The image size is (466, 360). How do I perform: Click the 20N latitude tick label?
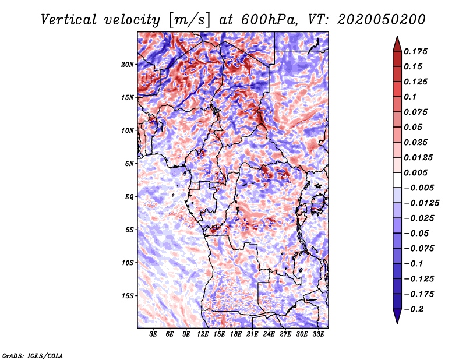128,64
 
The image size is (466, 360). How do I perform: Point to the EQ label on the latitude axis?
129,196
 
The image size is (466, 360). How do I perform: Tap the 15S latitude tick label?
128,296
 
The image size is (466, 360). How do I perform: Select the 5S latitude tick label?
129,230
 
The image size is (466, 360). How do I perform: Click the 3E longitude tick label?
154,334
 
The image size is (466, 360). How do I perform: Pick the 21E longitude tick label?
252,334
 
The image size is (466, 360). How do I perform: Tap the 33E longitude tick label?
318,334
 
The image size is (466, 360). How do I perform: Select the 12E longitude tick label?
203,334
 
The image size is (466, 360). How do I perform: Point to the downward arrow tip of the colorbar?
396,322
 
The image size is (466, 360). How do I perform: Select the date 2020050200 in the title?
379,19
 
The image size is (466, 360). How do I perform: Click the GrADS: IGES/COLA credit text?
32,355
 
